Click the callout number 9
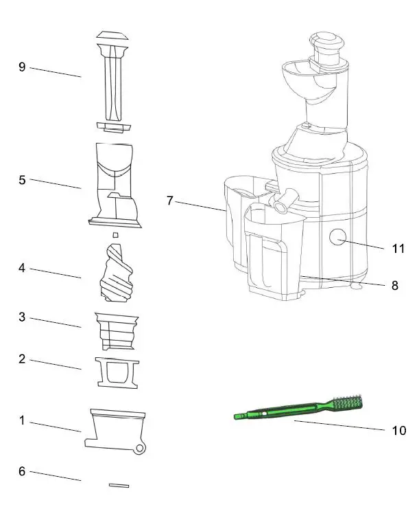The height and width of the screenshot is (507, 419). [22, 67]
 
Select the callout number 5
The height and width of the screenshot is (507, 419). [22, 180]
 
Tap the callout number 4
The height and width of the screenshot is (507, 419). [22, 268]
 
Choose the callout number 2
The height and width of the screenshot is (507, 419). [22, 359]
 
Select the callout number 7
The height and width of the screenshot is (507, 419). [169, 201]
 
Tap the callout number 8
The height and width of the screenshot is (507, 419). [394, 286]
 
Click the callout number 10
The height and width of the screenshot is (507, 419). [398, 431]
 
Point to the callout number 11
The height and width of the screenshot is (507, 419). [398, 248]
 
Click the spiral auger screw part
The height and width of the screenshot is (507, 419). [118, 273]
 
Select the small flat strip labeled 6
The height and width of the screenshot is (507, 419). [119, 484]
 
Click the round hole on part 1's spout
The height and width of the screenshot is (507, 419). [140, 448]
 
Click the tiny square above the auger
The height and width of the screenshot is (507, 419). [116, 235]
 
